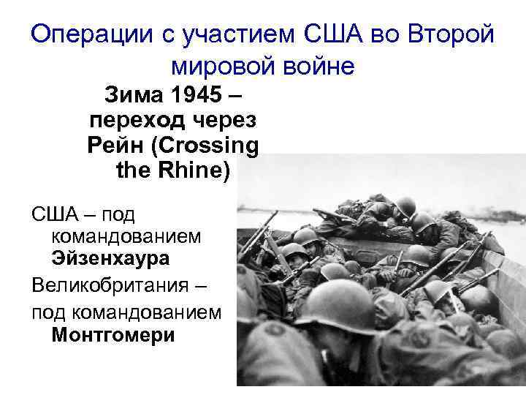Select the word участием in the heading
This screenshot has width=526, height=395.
click(x=233, y=33)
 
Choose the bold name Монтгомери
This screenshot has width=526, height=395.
click(x=113, y=336)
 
